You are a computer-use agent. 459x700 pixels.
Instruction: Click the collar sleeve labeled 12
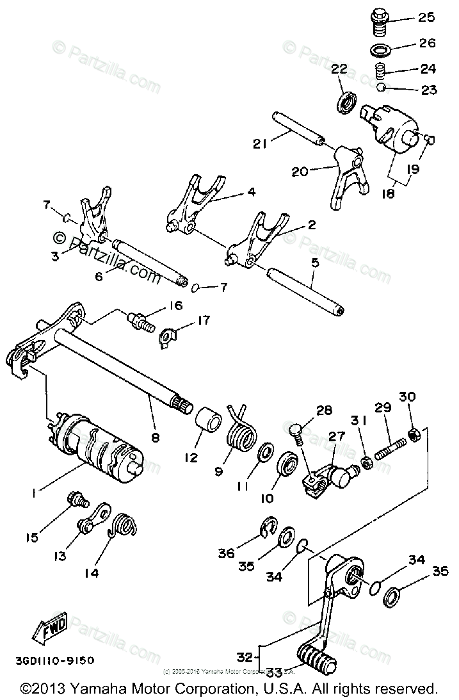[x=207, y=423]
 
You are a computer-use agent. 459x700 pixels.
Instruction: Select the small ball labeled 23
[x=380, y=87]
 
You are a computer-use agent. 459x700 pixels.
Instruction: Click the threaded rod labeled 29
[x=389, y=445]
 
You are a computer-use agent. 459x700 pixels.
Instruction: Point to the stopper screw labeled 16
[x=140, y=318]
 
